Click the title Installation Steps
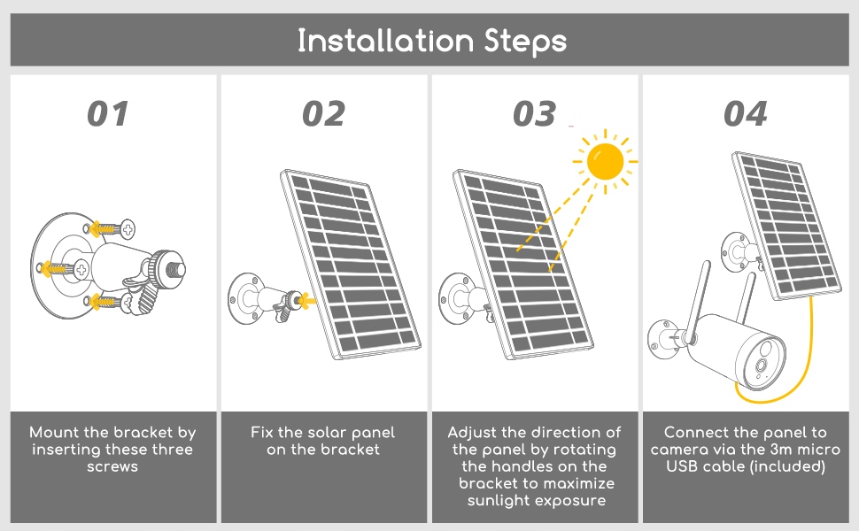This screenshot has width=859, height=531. (431, 41)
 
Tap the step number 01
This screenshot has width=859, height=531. (108, 114)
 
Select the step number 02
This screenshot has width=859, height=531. (323, 114)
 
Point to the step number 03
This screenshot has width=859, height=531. (534, 114)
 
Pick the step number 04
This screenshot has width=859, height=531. (746, 114)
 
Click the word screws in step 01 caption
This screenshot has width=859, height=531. (112, 466)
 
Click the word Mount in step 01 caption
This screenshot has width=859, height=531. (54, 433)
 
